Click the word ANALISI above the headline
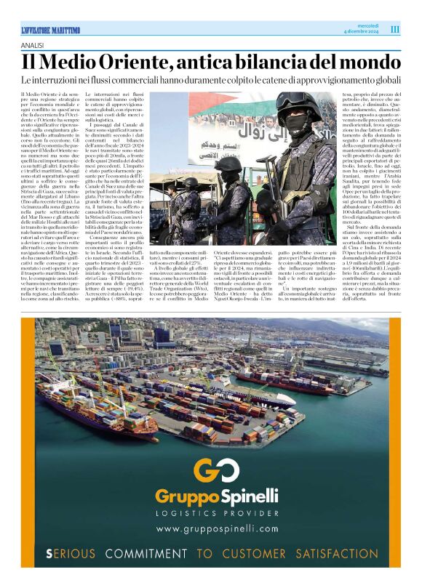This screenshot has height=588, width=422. pos(33,45)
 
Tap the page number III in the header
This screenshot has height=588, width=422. pos(395,29)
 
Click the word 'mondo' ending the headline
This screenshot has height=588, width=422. pos(371,63)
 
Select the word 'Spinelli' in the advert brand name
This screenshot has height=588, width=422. pos(249,496)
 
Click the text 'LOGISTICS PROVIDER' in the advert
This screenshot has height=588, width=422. pos(217,513)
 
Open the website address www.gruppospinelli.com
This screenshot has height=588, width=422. pos(217,529)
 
